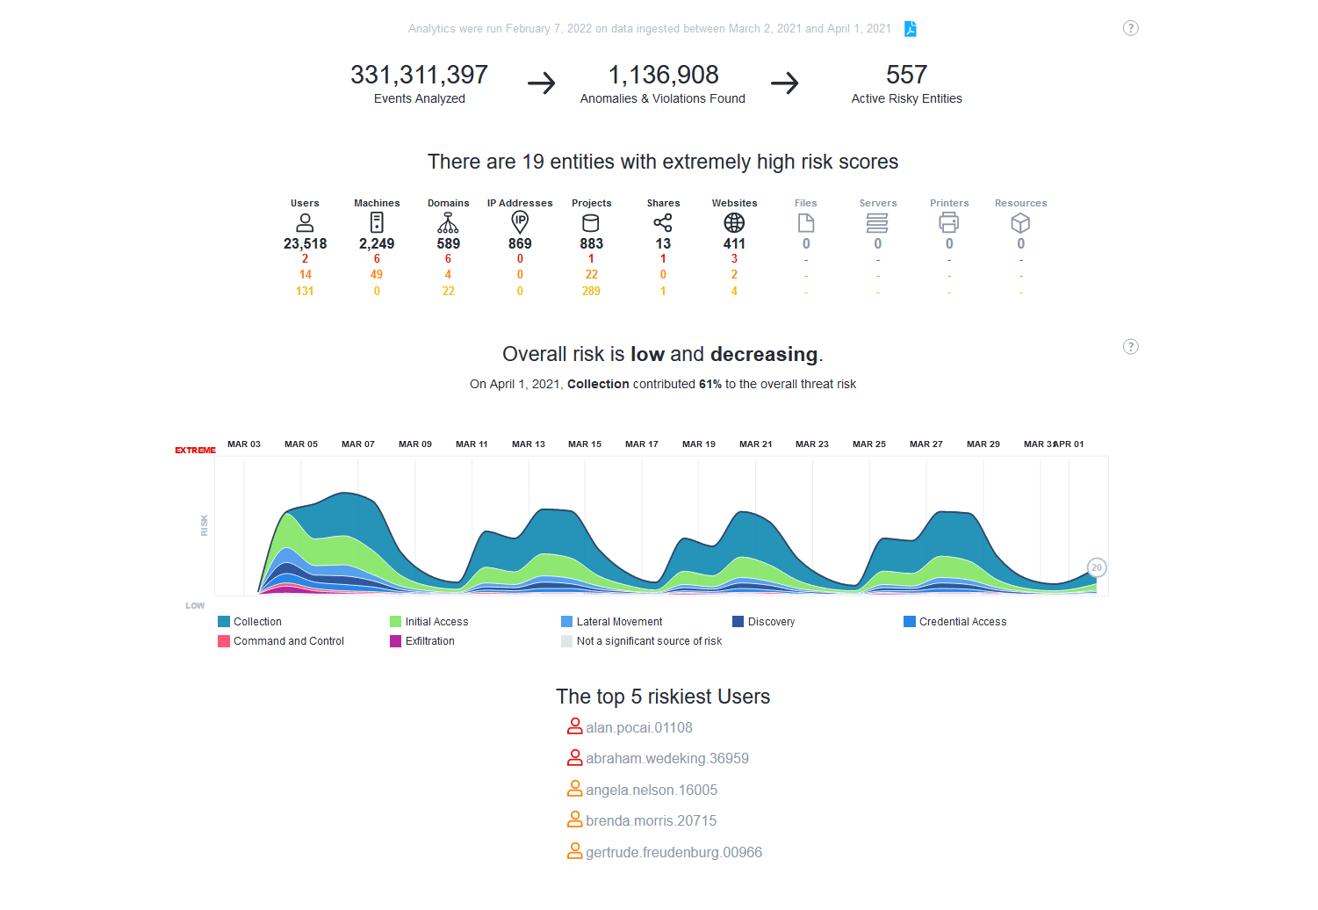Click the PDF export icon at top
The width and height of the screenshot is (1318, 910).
pyautogui.click(x=911, y=29)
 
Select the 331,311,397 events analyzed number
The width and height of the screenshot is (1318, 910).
pyautogui.click(x=419, y=76)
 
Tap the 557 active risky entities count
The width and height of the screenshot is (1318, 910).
pyautogui.click(x=906, y=76)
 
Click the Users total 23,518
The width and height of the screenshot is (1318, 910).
pyautogui.click(x=305, y=244)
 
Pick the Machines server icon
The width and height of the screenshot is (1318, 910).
pyautogui.click(x=377, y=222)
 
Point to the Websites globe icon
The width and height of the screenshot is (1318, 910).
pyautogui.click(x=734, y=222)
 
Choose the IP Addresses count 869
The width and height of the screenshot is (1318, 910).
pyautogui.click(x=520, y=244)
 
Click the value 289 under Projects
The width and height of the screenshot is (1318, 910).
pyautogui.click(x=591, y=291)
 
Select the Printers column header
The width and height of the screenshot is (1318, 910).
pyautogui.click(x=949, y=203)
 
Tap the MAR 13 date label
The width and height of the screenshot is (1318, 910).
pyautogui.click(x=529, y=444)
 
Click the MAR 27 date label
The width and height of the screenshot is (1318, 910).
pyautogui.click(x=926, y=444)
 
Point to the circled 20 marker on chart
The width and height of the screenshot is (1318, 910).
pyautogui.click(x=1096, y=567)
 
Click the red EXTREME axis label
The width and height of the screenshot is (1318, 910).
pyautogui.click(x=195, y=451)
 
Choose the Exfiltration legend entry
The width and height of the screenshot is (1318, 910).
pyautogui.click(x=429, y=641)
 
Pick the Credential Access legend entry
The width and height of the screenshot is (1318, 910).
pyautogui.click(x=962, y=622)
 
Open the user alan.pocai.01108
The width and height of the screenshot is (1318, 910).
pyautogui.click(x=638, y=727)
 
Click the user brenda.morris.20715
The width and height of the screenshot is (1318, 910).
pyautogui.click(x=651, y=820)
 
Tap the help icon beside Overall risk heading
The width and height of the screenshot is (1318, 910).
pyautogui.click(x=1131, y=347)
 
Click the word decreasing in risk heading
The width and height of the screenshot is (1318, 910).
pyautogui.click(x=764, y=354)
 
